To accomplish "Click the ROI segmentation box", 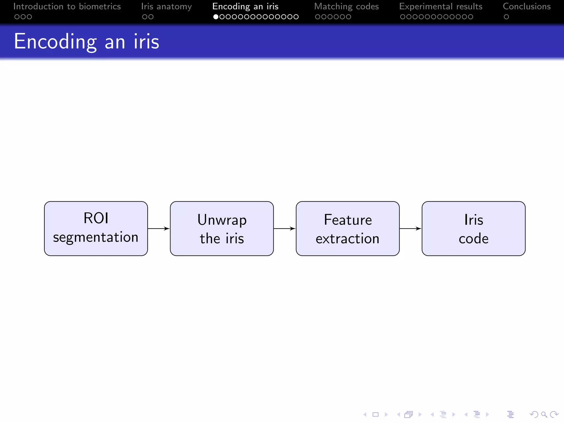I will pos(96,228).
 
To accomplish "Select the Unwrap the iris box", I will pos(222,228).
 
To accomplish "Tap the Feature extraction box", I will pos(348,228).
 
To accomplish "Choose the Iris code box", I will pos(473,228).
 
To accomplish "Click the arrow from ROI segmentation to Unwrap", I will pos(159,228).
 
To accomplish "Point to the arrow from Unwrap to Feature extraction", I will pos(285,228).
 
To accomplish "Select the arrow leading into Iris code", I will pos(411,228).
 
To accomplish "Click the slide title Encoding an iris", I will pos(86,41).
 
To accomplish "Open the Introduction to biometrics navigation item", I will pos(67,6).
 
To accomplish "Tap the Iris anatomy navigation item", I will pos(166,6).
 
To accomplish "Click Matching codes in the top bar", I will pos(346,6).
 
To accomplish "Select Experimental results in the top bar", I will pos(441,6).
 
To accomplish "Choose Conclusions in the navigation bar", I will pos(527,6).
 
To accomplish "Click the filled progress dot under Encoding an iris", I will pos(216,17).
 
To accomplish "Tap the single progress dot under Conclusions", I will pos(506,17).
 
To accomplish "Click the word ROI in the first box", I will pos(96,218).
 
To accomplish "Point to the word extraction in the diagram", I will pos(348,238).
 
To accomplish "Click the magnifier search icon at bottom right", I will pos(544,414).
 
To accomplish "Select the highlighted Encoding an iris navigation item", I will pos(245,6).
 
